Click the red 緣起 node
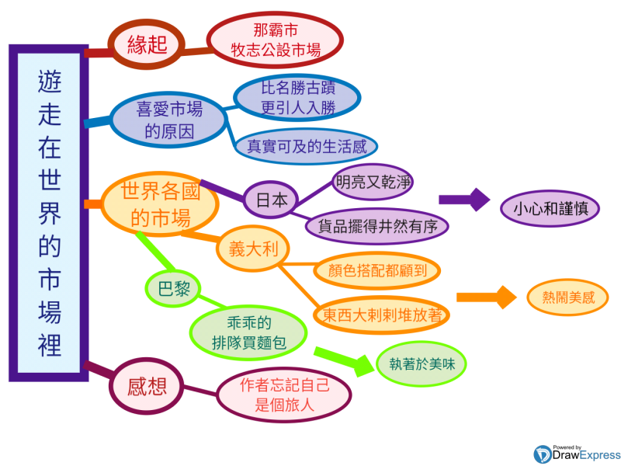tap(147, 44)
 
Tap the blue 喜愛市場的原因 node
tap(168, 119)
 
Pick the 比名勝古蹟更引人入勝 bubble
tap(297, 98)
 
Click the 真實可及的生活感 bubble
tap(306, 145)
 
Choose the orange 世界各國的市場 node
tap(161, 203)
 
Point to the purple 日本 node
tap(271, 200)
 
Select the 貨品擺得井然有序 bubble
tap(377, 227)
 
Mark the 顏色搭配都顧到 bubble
tap(377, 271)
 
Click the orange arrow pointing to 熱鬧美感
tap(486, 297)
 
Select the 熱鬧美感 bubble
tap(566, 297)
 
